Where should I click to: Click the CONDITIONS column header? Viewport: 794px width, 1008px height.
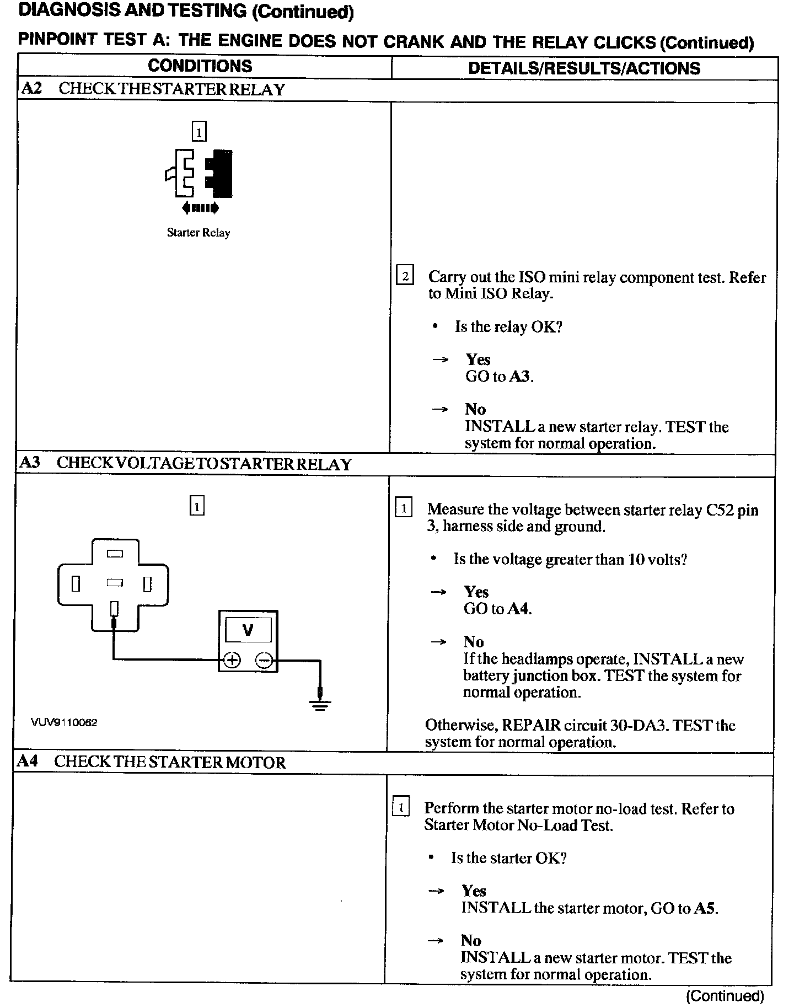coord(200,66)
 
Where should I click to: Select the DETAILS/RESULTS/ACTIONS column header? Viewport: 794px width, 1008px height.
coord(584,68)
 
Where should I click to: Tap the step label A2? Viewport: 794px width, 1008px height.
coord(31,89)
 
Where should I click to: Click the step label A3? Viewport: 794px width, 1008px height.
coord(30,463)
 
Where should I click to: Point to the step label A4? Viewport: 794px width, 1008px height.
coord(28,762)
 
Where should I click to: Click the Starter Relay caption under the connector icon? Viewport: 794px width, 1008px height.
coord(198,233)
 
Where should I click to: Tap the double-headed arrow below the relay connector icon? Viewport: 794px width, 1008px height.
coord(200,208)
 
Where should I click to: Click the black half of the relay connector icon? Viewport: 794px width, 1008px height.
coord(221,173)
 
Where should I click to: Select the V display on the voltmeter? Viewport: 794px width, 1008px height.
coord(248,630)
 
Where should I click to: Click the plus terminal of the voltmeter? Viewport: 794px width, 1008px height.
coord(232,660)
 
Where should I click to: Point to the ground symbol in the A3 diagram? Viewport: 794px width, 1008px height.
coord(320,703)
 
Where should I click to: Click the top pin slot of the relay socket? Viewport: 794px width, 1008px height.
coord(115,554)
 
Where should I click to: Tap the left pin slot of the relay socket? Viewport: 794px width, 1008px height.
coord(76,583)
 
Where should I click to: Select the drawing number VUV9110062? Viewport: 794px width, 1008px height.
coord(64,723)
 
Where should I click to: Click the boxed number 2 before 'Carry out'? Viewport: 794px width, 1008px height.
coord(405,276)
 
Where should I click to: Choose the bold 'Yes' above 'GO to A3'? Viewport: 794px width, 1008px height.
coord(478,360)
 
